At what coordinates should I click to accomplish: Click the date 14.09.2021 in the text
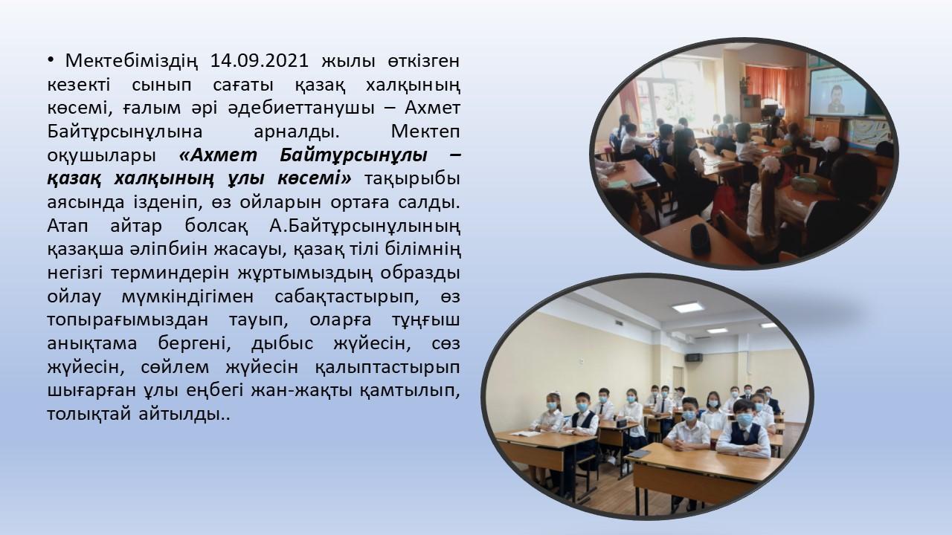pyautogui.click(x=260, y=61)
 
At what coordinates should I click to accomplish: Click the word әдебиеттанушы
pyautogui.click(x=301, y=108)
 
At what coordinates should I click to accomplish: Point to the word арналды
pyautogui.click(x=297, y=132)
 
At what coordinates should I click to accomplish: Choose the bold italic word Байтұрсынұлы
pyautogui.click(x=353, y=156)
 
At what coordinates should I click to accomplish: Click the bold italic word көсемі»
pyautogui.click(x=315, y=179)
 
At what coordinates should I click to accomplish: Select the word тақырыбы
pyautogui.click(x=412, y=180)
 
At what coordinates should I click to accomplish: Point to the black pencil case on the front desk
pyautogui.click(x=700, y=239)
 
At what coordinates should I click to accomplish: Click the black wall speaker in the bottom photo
pyautogui.click(x=694, y=357)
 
